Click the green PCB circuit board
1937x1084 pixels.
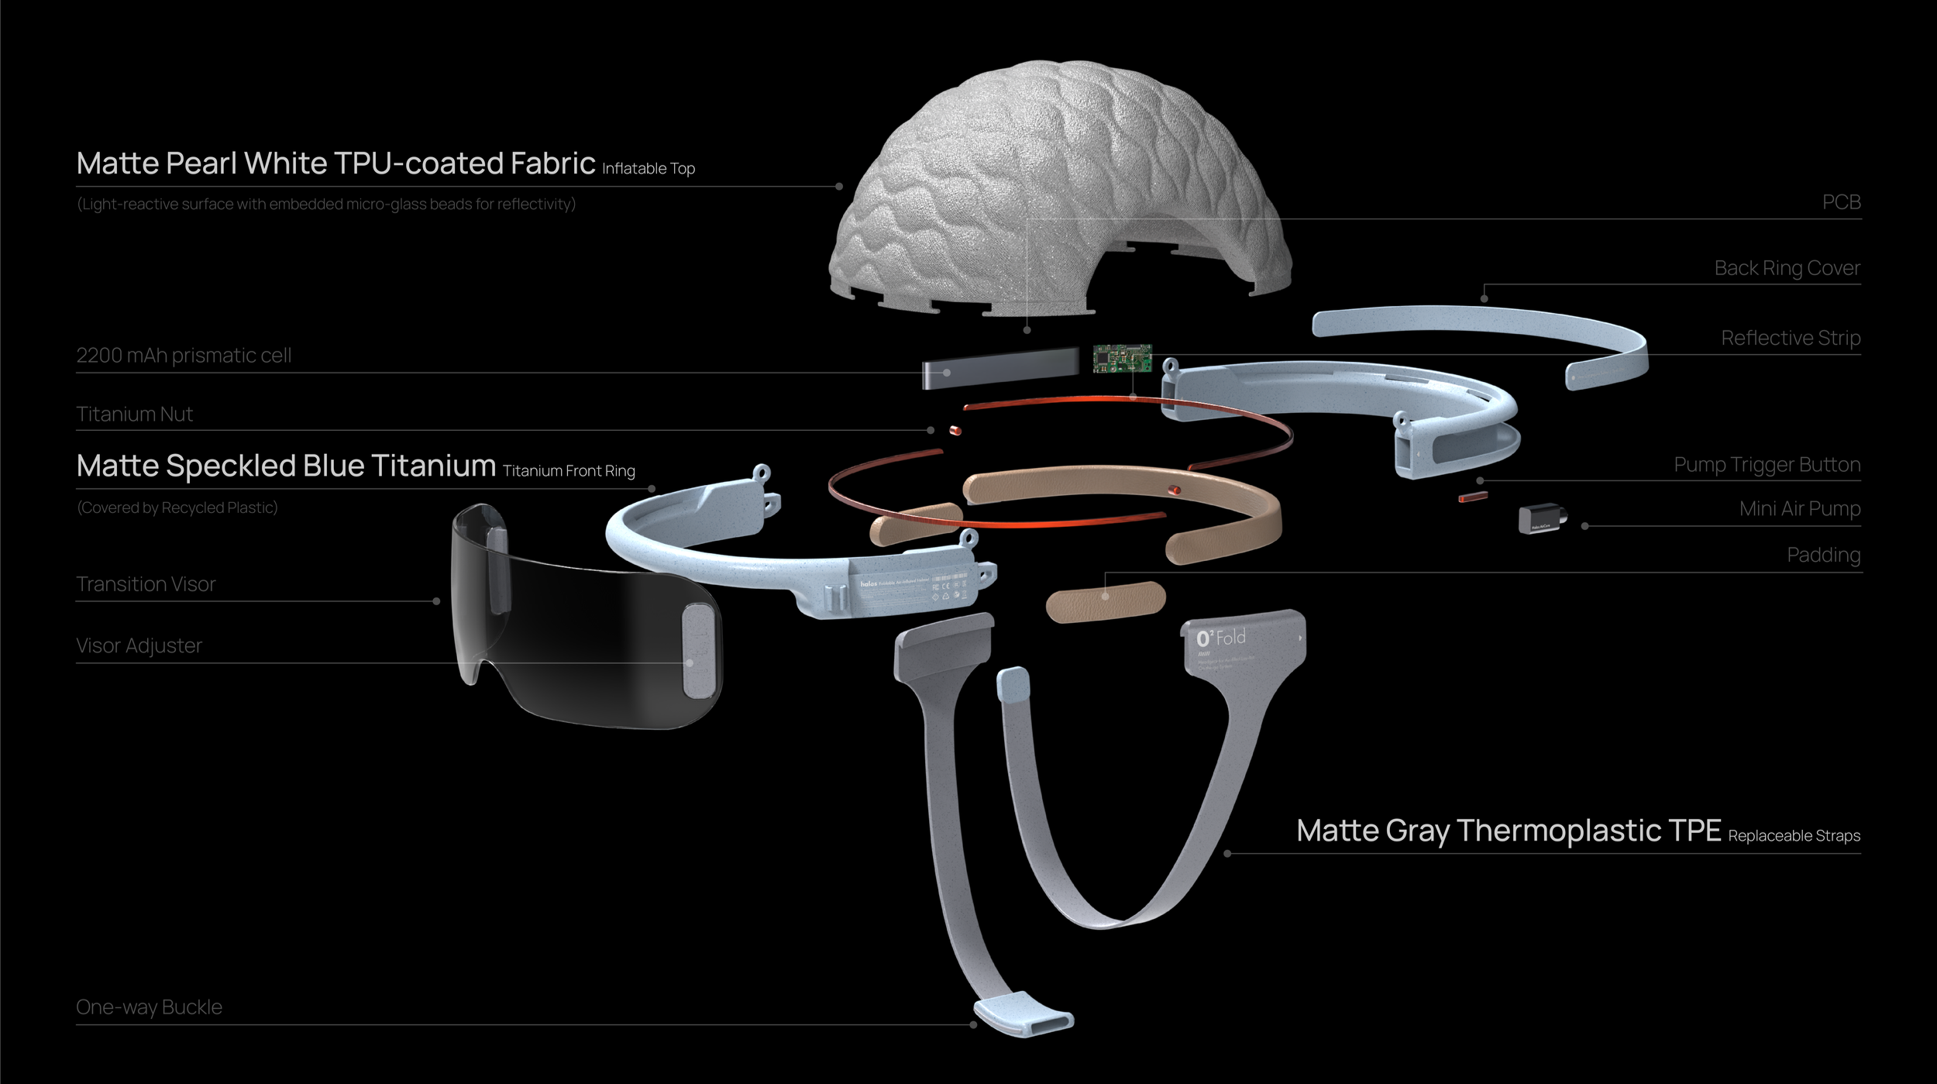click(x=1122, y=358)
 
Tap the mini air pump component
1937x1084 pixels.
click(x=1541, y=518)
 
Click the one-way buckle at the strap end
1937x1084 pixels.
click(x=1024, y=1015)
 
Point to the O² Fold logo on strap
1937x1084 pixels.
click(x=1220, y=638)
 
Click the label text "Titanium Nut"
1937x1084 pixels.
click(x=134, y=415)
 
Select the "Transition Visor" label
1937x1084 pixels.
click(x=146, y=584)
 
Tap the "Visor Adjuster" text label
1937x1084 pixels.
click(x=139, y=646)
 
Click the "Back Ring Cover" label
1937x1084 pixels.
click(x=1787, y=268)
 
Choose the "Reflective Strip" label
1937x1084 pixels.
click(x=1791, y=338)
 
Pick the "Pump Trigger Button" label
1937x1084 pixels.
click(x=1767, y=465)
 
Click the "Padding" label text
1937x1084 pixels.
click(x=1823, y=555)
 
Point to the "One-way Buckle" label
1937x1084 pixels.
click(x=149, y=1007)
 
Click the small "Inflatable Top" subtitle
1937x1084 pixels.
click(x=649, y=169)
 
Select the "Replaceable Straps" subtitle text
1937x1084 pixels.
click(x=1794, y=836)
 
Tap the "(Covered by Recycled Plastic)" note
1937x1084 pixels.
click(x=177, y=508)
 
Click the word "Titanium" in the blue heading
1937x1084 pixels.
click(x=433, y=466)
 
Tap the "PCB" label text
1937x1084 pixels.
click(x=1841, y=202)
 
